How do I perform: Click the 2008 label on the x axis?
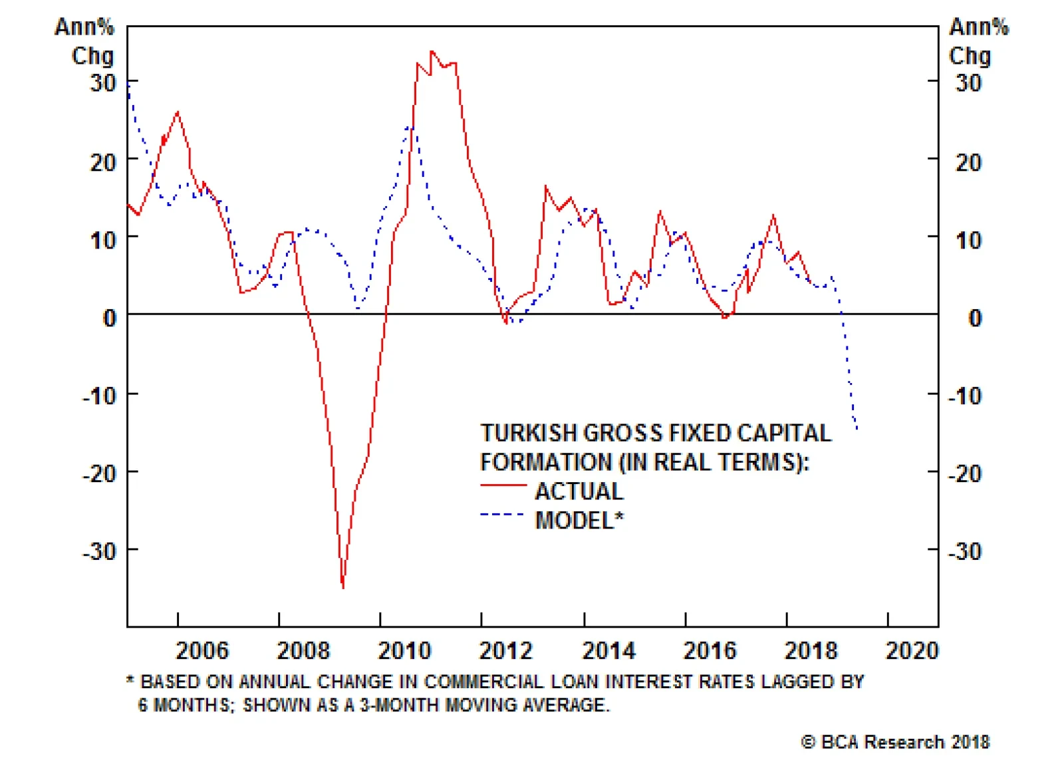tap(303, 650)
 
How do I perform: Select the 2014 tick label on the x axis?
tap(608, 650)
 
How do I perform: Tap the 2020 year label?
tap(912, 650)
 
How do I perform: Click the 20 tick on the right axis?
tap(968, 162)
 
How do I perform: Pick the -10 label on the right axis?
tap(965, 396)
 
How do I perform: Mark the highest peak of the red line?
tap(432, 51)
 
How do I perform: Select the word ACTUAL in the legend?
tap(579, 491)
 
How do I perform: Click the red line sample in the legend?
tap(503, 486)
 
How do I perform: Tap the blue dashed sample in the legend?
tap(503, 515)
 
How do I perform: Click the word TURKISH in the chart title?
tap(529, 434)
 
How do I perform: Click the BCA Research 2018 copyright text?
tap(896, 742)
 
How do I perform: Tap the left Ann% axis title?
tap(84, 27)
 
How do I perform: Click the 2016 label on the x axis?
tap(710, 650)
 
